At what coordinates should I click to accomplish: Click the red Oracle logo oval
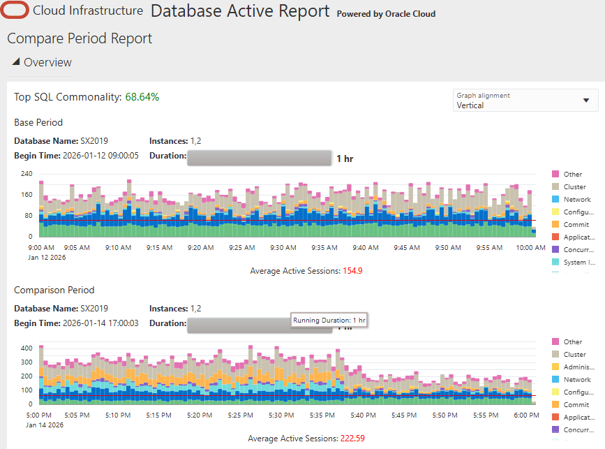tap(15, 11)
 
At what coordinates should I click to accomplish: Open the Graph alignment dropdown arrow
tap(585, 100)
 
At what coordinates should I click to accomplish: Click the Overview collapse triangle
tap(16, 61)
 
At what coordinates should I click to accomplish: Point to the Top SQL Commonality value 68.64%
tap(142, 96)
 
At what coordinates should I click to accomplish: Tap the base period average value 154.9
tap(355, 270)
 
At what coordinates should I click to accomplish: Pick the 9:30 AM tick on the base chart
tap(283, 247)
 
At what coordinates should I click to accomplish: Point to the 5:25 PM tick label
tap(240, 415)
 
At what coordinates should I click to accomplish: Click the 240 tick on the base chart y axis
tap(27, 173)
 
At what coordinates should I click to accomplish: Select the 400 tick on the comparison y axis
tap(27, 348)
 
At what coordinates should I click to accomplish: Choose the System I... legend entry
tap(578, 263)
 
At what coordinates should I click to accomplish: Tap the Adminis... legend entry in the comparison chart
tap(578, 367)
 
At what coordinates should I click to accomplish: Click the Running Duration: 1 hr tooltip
tap(329, 321)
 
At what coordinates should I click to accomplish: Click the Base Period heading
tap(38, 122)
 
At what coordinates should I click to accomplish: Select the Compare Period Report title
tap(80, 38)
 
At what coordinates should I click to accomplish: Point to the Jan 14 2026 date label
tap(45, 425)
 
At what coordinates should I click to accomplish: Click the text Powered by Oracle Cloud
tap(386, 14)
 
